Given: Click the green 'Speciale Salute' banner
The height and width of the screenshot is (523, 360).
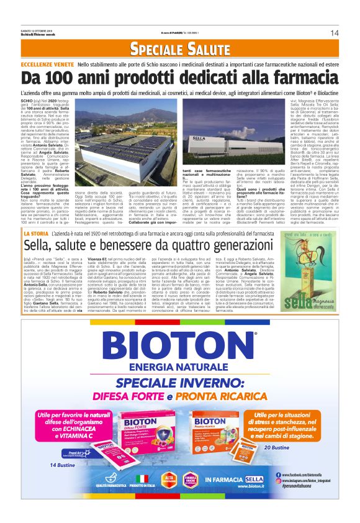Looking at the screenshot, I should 180,49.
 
